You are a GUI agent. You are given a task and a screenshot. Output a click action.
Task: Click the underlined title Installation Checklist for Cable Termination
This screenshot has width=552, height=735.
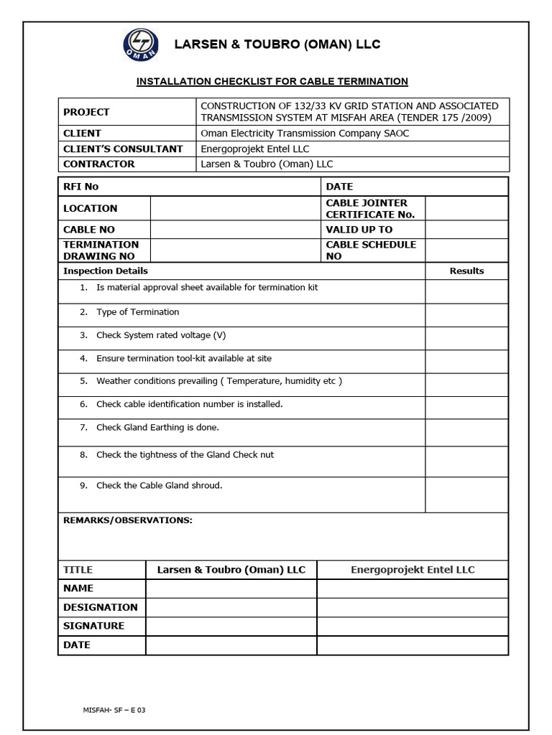coord(272,82)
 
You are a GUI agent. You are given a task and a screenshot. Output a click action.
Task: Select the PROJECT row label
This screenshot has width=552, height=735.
coord(86,112)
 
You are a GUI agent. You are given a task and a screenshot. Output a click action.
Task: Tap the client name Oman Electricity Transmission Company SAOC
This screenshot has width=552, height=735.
coord(304,134)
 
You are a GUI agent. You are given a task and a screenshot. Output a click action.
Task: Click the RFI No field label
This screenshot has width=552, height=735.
coord(80,187)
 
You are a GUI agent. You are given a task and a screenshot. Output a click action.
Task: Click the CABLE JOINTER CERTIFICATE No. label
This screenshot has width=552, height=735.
coord(367,209)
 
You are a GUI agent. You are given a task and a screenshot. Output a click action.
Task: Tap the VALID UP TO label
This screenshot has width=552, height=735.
coord(359,230)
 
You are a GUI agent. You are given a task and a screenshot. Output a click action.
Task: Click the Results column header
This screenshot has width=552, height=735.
coord(466,271)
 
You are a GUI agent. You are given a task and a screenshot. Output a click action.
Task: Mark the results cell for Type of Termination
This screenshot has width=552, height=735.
coord(466,315)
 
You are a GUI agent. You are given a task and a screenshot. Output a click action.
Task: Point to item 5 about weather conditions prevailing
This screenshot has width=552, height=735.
coord(218,381)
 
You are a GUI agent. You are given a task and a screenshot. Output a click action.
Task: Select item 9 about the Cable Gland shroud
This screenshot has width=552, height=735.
coord(159,486)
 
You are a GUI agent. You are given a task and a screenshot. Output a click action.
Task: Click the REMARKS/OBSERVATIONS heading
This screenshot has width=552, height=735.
coord(128,520)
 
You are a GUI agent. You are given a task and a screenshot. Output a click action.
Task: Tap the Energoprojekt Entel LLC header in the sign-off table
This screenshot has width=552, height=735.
coord(413,570)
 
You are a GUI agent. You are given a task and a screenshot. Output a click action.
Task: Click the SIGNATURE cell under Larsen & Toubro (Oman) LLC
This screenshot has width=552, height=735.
coord(231,626)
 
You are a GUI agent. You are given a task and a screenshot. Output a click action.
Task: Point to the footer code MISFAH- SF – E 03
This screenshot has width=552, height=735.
coord(115,710)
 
